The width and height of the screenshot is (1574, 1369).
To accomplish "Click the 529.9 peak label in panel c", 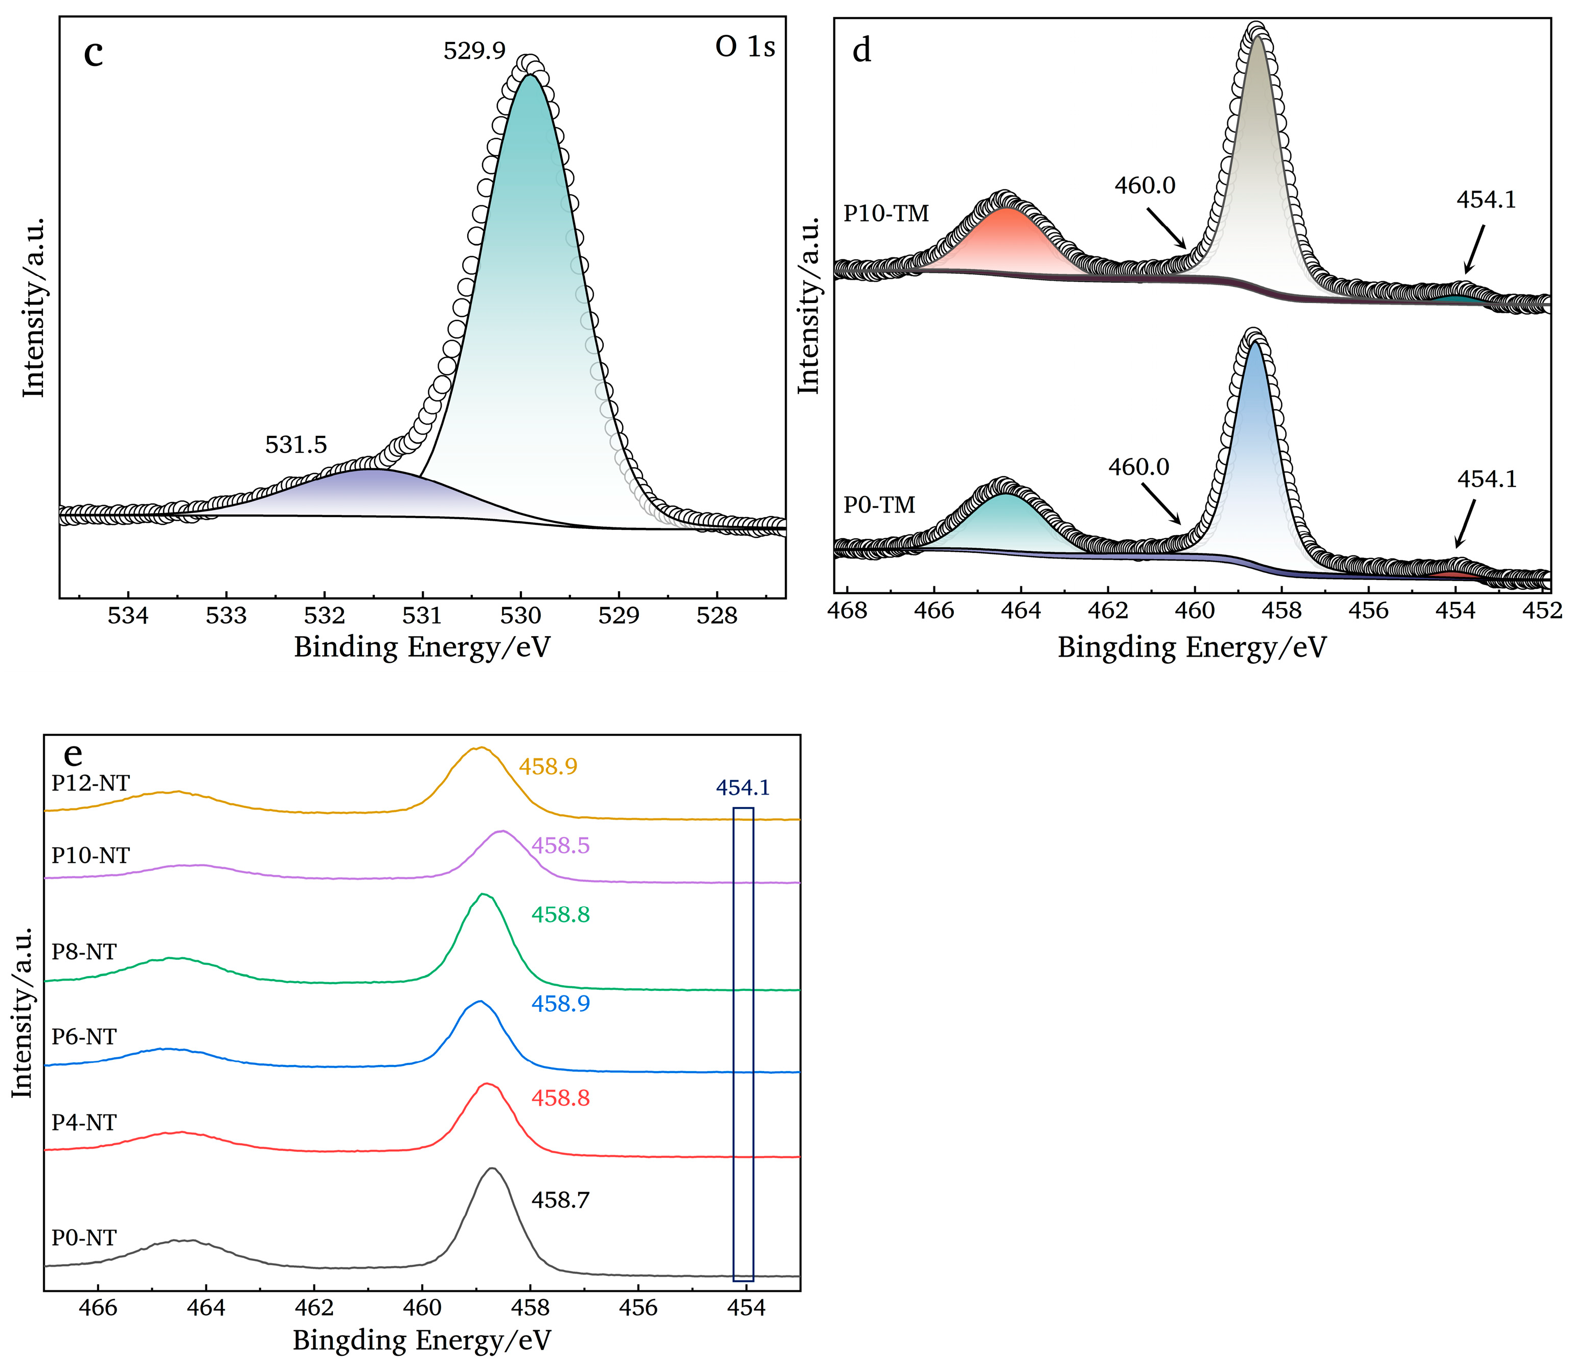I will point(474,51).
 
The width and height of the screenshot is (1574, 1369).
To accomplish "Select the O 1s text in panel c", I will point(744,48).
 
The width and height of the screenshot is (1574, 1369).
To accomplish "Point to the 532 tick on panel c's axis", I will point(325,616).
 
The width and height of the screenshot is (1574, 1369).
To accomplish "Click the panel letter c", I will point(93,54).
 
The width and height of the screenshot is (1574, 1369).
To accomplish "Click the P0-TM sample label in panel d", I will point(879,505).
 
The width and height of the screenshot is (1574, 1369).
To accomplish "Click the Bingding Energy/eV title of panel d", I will point(1192,648).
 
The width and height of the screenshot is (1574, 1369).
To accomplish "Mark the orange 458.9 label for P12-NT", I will point(548,766).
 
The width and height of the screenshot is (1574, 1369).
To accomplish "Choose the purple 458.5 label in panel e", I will point(560,846).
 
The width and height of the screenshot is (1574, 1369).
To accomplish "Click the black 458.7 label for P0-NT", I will point(560,1200).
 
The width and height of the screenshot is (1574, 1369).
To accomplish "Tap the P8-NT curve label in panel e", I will point(84,952).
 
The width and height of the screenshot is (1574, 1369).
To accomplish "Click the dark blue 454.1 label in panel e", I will point(743,787).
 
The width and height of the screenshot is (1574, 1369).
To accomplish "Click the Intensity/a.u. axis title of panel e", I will point(23,1012).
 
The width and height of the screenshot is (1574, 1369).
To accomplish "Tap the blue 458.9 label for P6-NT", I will point(560,1003).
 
